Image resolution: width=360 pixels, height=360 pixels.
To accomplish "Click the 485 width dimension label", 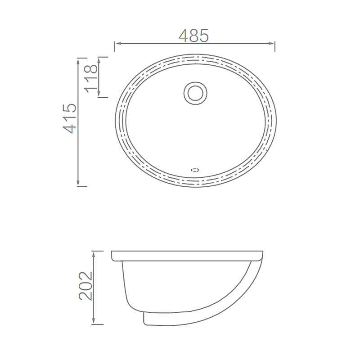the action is [x=193, y=36].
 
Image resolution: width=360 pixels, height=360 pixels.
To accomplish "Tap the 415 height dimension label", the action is [x=70, y=118].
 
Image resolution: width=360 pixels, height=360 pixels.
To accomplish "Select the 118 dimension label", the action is [x=91, y=78].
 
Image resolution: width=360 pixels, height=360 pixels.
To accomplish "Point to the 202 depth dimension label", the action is [x=85, y=286].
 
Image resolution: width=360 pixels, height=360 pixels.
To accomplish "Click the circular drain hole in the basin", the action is [x=195, y=93].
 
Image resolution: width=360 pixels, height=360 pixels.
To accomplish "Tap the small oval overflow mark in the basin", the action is [x=195, y=170].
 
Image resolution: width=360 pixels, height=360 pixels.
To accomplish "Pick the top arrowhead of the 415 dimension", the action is [x=78, y=61].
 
